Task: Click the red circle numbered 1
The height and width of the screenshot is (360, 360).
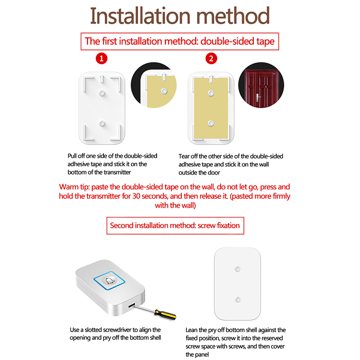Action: click(x=102, y=58)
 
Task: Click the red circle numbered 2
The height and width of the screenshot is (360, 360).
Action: click(x=211, y=58)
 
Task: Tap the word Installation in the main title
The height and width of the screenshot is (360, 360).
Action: click(x=140, y=16)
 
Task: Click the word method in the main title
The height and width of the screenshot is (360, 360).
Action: click(x=233, y=16)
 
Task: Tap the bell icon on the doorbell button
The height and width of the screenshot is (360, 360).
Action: click(x=109, y=280)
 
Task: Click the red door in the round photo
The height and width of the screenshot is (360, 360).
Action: click(x=261, y=88)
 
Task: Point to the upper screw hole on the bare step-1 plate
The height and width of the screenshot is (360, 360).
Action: click(x=102, y=93)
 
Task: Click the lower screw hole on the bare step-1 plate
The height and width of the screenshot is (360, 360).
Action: click(x=102, y=123)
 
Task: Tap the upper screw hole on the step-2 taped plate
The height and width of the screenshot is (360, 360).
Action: click(x=211, y=93)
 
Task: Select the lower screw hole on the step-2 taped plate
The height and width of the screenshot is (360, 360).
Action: click(x=211, y=123)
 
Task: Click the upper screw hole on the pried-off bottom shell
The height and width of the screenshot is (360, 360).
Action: click(x=238, y=269)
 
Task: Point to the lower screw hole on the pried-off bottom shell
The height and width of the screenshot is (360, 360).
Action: click(x=238, y=300)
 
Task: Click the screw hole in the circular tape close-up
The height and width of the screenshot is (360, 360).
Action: click(x=164, y=91)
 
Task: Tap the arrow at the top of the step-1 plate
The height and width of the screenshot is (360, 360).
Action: click(x=102, y=78)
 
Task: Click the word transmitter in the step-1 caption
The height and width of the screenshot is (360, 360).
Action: click(x=117, y=172)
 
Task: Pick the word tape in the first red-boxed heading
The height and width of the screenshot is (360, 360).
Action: click(x=265, y=41)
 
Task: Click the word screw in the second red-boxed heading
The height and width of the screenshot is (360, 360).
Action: click(x=207, y=225)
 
